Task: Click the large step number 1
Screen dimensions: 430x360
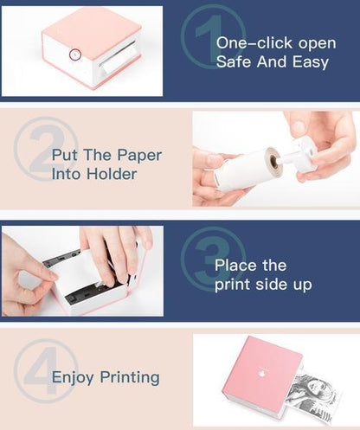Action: coord(208,36)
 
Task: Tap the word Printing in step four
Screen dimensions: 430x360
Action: coord(130,377)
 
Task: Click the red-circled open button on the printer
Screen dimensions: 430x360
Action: coord(75,55)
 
